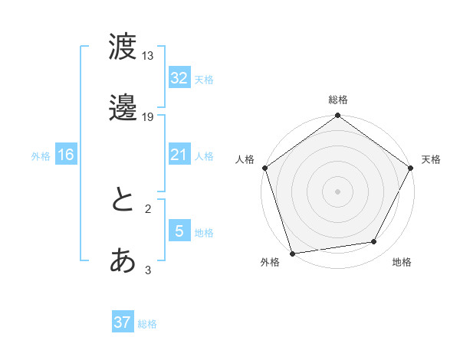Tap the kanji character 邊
(123, 108)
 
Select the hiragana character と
(123, 201)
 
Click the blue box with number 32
(179, 78)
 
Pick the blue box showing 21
(179, 155)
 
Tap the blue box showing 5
(179, 231)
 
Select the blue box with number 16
(65, 155)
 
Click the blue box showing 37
(122, 322)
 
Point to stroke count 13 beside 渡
(148, 56)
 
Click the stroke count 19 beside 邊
(148, 117)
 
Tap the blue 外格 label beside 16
(41, 155)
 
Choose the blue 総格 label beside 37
(147, 324)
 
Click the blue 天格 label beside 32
(204, 80)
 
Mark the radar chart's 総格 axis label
(337, 100)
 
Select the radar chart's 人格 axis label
(245, 159)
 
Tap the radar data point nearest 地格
(374, 242)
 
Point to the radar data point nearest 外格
(292, 253)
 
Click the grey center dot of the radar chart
(337, 191)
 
